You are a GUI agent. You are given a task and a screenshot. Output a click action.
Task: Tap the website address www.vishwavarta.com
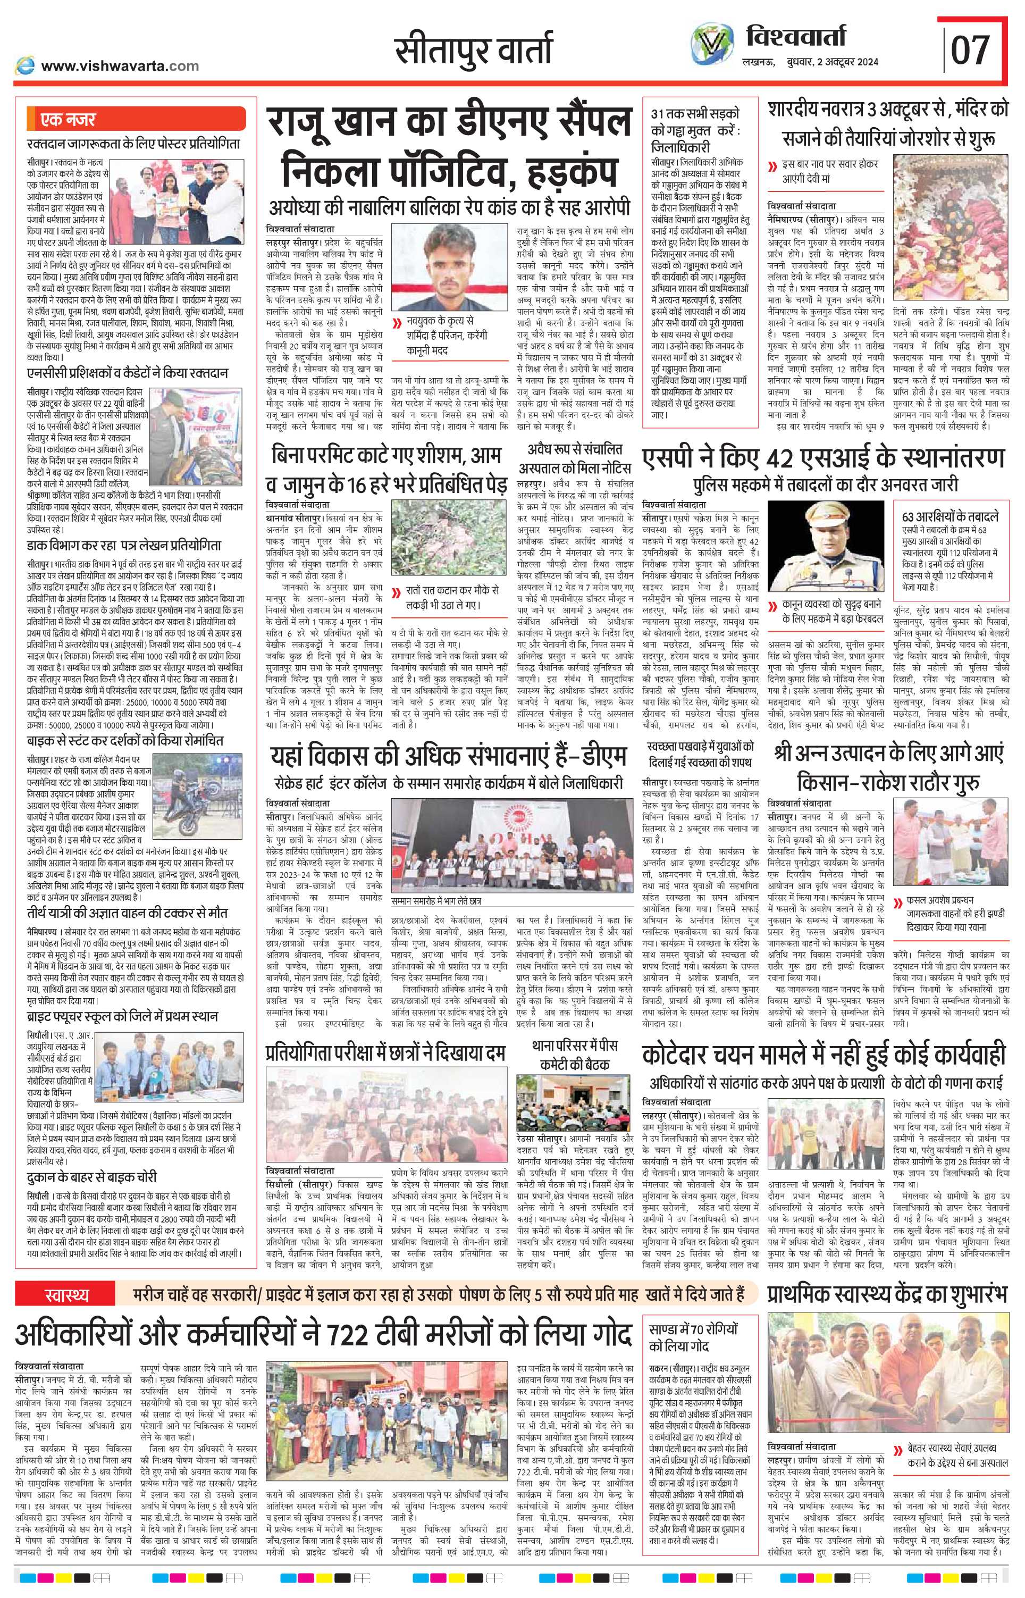point(120,66)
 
